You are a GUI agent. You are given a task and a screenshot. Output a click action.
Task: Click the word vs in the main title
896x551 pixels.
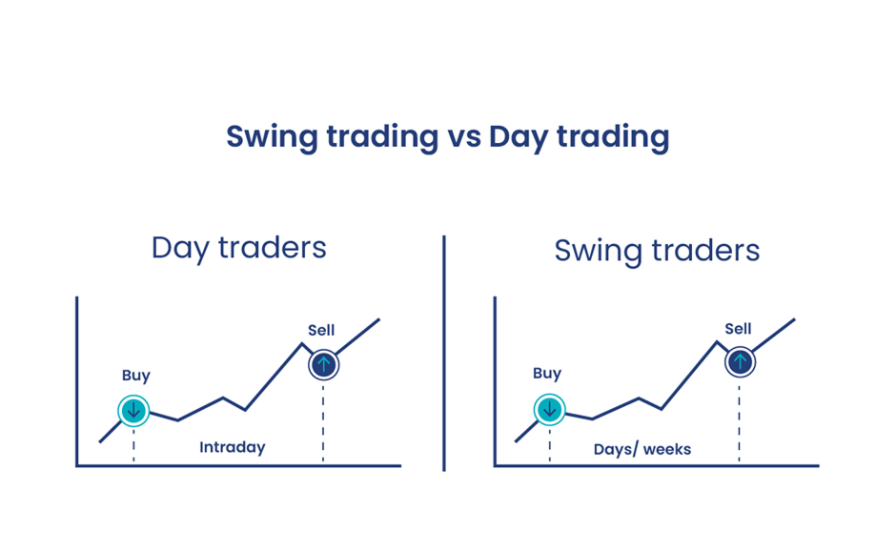(x=464, y=137)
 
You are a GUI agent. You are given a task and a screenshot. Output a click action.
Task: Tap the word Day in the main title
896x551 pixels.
(x=519, y=137)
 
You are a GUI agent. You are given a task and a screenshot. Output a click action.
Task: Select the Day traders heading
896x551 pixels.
(x=239, y=249)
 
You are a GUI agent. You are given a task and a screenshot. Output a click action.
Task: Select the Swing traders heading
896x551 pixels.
(x=657, y=251)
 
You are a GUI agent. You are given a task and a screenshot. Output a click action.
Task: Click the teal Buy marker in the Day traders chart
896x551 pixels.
(x=133, y=411)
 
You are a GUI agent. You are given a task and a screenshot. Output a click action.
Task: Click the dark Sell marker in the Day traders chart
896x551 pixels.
(x=324, y=365)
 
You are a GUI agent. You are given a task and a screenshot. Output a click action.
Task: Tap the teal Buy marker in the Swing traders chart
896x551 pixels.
(x=549, y=409)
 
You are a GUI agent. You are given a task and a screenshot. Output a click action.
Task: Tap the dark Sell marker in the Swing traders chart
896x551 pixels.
(x=740, y=361)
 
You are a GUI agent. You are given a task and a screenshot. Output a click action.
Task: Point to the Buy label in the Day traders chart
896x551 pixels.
(x=136, y=376)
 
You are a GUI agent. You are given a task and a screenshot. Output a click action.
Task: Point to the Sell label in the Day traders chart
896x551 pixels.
(x=321, y=330)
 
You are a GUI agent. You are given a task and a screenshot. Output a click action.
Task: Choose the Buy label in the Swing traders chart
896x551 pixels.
(x=547, y=374)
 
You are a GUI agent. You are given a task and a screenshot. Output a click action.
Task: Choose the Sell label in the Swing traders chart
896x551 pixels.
(x=738, y=329)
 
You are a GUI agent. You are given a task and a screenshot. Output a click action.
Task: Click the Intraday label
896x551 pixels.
(x=232, y=447)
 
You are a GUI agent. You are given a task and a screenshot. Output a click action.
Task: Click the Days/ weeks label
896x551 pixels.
(x=642, y=449)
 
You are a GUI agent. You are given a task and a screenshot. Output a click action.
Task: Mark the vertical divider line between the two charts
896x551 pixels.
(x=444, y=354)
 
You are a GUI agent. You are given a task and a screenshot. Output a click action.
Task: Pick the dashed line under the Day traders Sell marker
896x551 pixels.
(x=323, y=423)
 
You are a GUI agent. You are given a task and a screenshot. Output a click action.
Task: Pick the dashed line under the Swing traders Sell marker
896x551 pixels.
(x=739, y=421)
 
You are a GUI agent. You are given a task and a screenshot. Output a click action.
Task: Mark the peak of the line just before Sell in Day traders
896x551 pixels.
(x=302, y=343)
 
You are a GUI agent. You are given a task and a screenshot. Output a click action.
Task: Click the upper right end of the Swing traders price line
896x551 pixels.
(x=794, y=319)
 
